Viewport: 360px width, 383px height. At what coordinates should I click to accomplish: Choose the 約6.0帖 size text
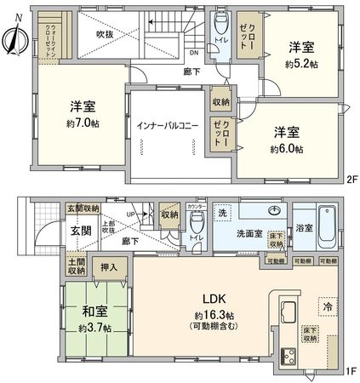click(x=289, y=148)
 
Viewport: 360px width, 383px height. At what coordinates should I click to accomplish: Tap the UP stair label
click(x=129, y=214)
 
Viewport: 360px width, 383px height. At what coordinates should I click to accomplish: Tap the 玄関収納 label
click(x=84, y=209)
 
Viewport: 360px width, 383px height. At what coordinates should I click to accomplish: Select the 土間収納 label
click(x=75, y=266)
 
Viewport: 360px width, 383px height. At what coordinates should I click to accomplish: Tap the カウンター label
click(x=197, y=206)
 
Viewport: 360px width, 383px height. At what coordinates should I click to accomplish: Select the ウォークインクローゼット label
click(x=53, y=38)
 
